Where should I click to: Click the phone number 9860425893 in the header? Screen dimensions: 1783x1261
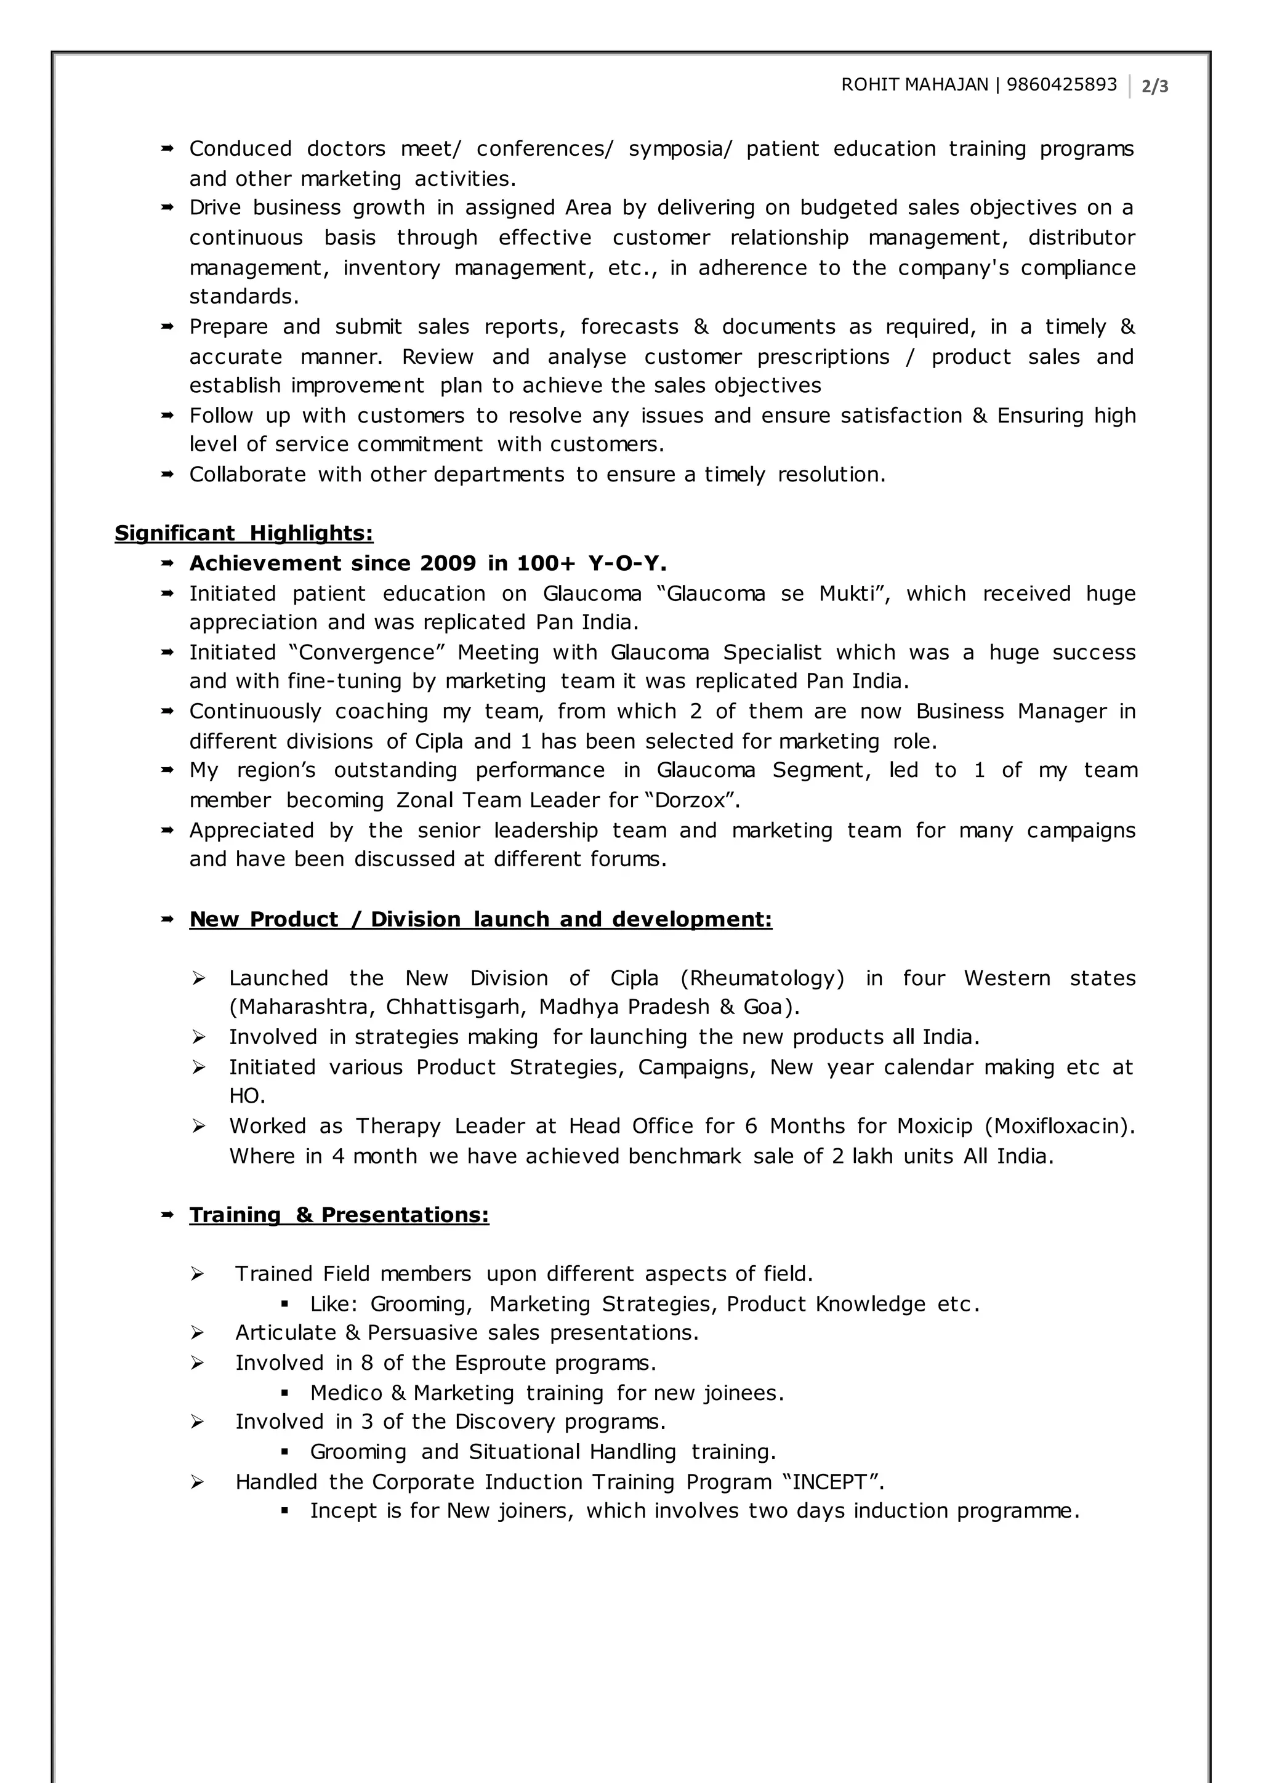click(1062, 84)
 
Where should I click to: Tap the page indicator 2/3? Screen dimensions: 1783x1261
click(1154, 87)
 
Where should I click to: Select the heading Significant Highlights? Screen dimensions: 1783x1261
click(244, 534)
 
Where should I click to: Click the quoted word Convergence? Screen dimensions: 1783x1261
click(366, 653)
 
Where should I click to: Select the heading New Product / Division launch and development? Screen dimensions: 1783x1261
click(481, 919)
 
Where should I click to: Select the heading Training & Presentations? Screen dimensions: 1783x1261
click(339, 1215)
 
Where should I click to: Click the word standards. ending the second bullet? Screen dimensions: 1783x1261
click(244, 297)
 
